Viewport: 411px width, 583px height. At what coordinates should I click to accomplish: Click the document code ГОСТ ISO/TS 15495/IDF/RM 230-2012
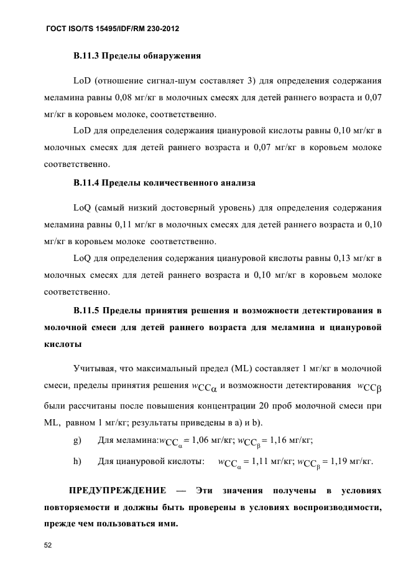coord(113,29)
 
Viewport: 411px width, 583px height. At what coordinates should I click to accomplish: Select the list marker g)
coord(78,441)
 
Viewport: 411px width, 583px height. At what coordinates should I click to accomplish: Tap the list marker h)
coord(78,462)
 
